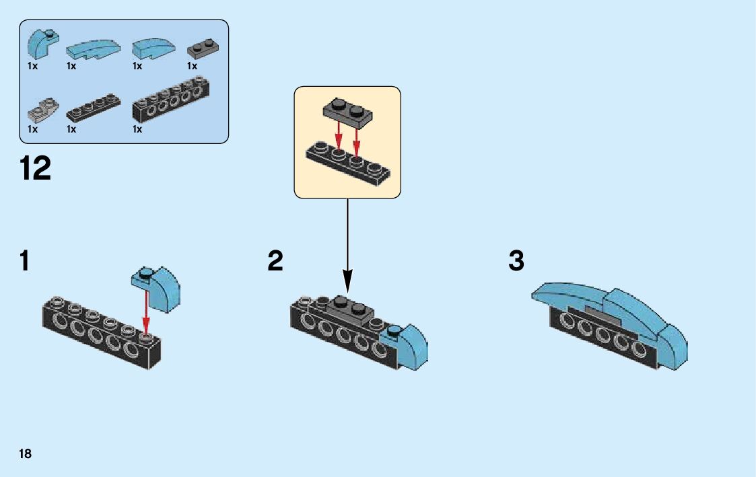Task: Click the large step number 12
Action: click(x=36, y=168)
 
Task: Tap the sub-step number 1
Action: click(x=25, y=260)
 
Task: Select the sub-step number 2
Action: click(x=275, y=260)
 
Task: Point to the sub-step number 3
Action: click(x=516, y=260)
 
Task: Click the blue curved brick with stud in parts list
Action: click(x=41, y=44)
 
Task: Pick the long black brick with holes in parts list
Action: click(x=171, y=102)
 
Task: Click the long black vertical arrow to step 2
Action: click(x=347, y=242)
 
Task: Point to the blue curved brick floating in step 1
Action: click(x=160, y=287)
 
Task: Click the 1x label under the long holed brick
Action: click(x=137, y=129)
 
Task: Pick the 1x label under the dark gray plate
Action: click(x=192, y=66)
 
